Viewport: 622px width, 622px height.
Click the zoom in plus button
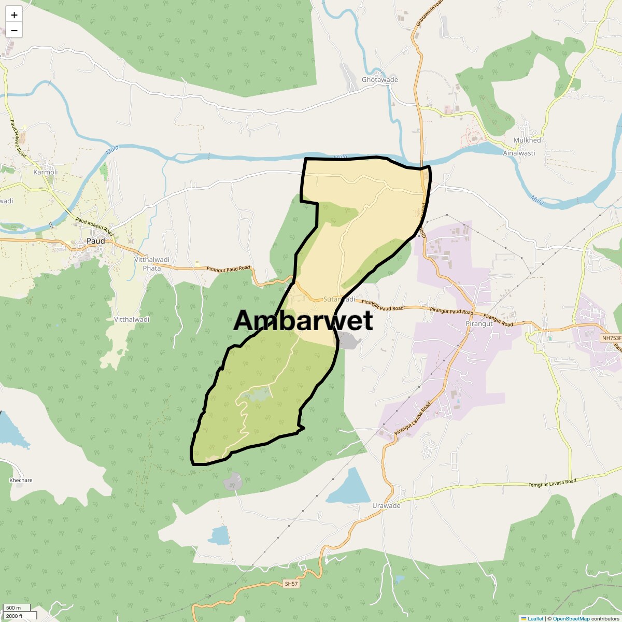coord(14,15)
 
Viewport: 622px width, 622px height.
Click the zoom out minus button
coord(14,31)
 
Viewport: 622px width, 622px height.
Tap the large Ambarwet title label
coord(303,321)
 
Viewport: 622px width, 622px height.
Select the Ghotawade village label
coord(379,80)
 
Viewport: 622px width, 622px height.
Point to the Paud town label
coord(95,241)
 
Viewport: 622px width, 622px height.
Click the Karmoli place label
coord(46,172)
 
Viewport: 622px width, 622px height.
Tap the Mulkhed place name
coord(527,140)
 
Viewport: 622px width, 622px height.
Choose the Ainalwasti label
coord(519,153)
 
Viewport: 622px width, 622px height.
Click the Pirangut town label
coord(478,323)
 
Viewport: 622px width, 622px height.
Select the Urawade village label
coord(386,506)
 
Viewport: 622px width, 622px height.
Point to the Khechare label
coord(21,480)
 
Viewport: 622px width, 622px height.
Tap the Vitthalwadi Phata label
coord(152,264)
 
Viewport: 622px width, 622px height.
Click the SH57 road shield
coord(292,584)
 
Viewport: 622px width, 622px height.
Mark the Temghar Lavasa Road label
coord(552,483)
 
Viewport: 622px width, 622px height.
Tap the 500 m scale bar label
coord(14,608)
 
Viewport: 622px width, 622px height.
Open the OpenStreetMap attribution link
coord(571,618)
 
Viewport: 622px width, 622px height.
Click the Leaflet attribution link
coord(535,618)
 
